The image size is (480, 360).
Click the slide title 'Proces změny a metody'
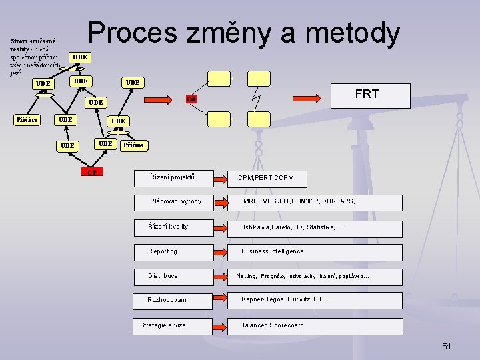(244, 33)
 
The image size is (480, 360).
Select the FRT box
(367, 95)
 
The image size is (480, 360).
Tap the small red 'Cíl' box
(191, 99)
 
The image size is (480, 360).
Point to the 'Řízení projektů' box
(173, 178)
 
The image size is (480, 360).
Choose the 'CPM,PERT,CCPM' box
(266, 178)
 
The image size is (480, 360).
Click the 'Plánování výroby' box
(175, 202)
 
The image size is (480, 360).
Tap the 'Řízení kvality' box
(173, 227)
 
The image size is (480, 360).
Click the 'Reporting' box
(173, 252)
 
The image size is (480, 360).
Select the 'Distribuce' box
(173, 276)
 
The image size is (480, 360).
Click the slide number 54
(446, 346)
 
